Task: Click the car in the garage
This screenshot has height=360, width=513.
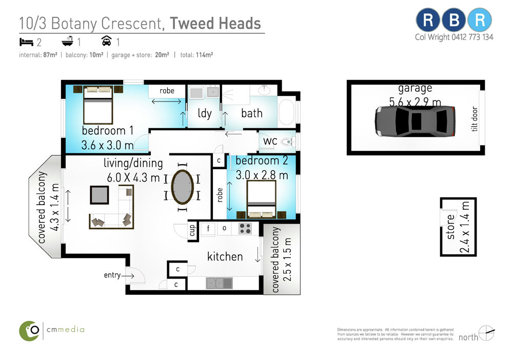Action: (x=415, y=121)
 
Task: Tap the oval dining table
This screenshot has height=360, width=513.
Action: (x=182, y=187)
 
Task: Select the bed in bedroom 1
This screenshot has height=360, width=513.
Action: (x=98, y=105)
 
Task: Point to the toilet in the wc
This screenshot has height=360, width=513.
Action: (x=287, y=142)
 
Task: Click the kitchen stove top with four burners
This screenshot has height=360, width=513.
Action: (x=245, y=228)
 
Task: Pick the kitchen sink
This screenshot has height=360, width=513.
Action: (x=219, y=283)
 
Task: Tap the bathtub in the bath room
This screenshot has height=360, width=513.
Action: (x=287, y=112)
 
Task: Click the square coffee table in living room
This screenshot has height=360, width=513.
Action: (x=100, y=195)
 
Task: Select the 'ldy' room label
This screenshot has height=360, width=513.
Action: (x=205, y=113)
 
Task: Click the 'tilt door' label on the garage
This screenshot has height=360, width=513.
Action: (x=475, y=118)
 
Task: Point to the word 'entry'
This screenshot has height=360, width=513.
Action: (x=112, y=275)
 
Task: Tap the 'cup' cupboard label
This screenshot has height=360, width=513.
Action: (x=192, y=230)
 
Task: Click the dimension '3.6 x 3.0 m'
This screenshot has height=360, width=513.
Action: (x=107, y=145)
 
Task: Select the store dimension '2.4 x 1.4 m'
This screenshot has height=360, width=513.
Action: (x=465, y=227)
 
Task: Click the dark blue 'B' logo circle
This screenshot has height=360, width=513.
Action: (x=454, y=20)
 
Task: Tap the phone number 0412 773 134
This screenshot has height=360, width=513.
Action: (x=472, y=37)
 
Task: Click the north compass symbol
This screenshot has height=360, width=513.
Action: (x=486, y=333)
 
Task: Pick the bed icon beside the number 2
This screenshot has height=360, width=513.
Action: (x=27, y=42)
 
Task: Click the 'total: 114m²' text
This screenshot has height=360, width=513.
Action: (x=196, y=55)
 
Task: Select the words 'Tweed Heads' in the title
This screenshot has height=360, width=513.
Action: (x=215, y=24)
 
